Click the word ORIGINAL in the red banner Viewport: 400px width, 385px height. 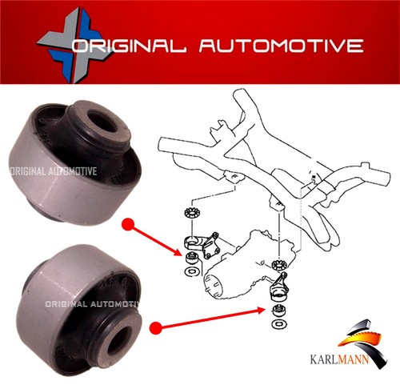click(129, 46)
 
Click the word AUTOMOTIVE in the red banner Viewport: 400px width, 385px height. click(282, 46)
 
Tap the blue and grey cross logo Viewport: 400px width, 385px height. click(73, 45)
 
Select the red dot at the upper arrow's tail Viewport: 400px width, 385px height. click(127, 225)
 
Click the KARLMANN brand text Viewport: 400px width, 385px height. click(339, 359)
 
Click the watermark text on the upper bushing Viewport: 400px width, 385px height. click(53, 171)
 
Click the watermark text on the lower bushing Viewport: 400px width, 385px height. click(92, 304)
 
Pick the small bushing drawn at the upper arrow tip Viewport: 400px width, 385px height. click(191, 259)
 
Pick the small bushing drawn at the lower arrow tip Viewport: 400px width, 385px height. click(278, 311)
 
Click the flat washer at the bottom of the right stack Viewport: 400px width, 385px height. click(279, 324)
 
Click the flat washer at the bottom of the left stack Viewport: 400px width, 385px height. click(191, 271)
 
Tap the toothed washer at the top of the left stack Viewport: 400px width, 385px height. click(190, 213)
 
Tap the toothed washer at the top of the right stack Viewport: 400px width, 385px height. click(279, 265)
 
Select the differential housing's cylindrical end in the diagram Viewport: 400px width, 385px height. click(214, 285)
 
